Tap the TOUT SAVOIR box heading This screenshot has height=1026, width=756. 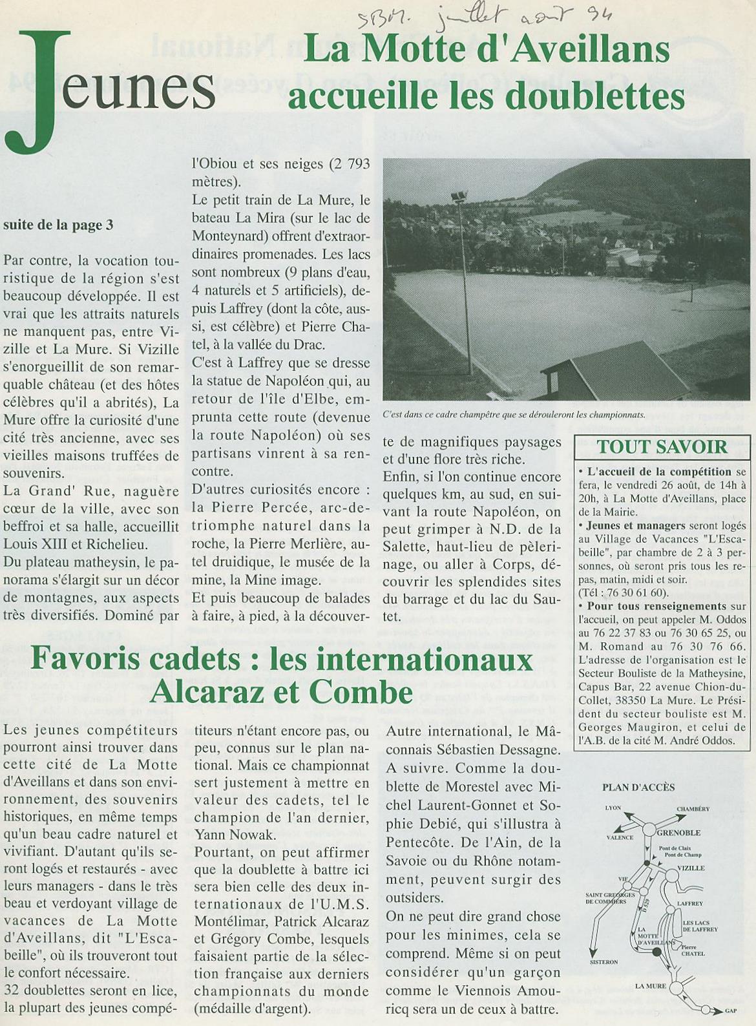point(662,446)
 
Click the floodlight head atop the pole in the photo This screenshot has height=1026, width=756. point(459,196)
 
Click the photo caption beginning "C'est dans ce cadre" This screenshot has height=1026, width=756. point(514,415)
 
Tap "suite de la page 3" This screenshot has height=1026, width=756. point(58,225)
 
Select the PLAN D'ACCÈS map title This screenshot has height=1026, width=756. point(638,787)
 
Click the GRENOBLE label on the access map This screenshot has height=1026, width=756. point(679,832)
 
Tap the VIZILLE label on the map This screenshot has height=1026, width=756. point(691,868)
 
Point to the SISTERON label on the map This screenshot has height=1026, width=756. point(604,962)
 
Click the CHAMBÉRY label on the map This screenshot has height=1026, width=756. point(693,809)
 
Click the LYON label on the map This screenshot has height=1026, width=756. point(613,808)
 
